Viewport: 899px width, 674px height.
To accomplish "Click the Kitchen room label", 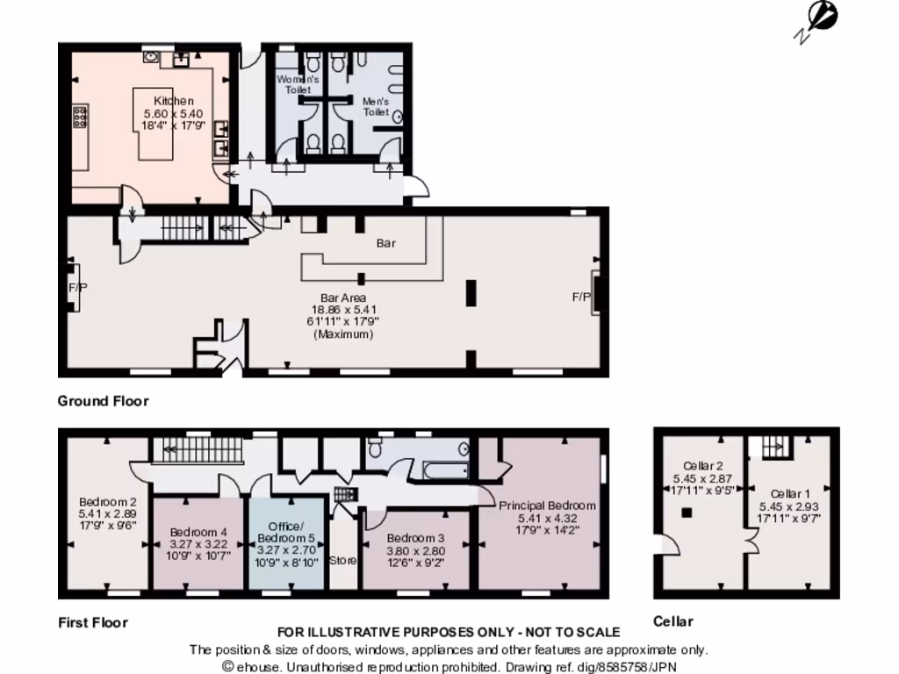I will [x=173, y=101].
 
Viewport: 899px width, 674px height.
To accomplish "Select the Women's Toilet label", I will [x=298, y=83].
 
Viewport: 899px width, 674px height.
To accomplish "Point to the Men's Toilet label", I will [x=376, y=106].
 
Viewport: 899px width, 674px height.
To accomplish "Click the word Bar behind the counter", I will [x=386, y=243].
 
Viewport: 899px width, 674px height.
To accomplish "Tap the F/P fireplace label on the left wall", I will [x=73, y=287].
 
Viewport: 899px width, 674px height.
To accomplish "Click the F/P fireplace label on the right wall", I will [x=581, y=298].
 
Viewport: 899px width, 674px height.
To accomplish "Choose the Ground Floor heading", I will [x=103, y=401].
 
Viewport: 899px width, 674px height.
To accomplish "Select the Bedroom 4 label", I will [x=198, y=532].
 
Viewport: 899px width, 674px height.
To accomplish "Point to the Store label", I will [x=342, y=559].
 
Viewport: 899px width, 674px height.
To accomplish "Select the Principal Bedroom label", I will [x=547, y=505].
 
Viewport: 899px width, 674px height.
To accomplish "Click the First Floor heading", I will [x=92, y=622].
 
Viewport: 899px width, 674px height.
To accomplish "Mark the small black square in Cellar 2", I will [x=687, y=512].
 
